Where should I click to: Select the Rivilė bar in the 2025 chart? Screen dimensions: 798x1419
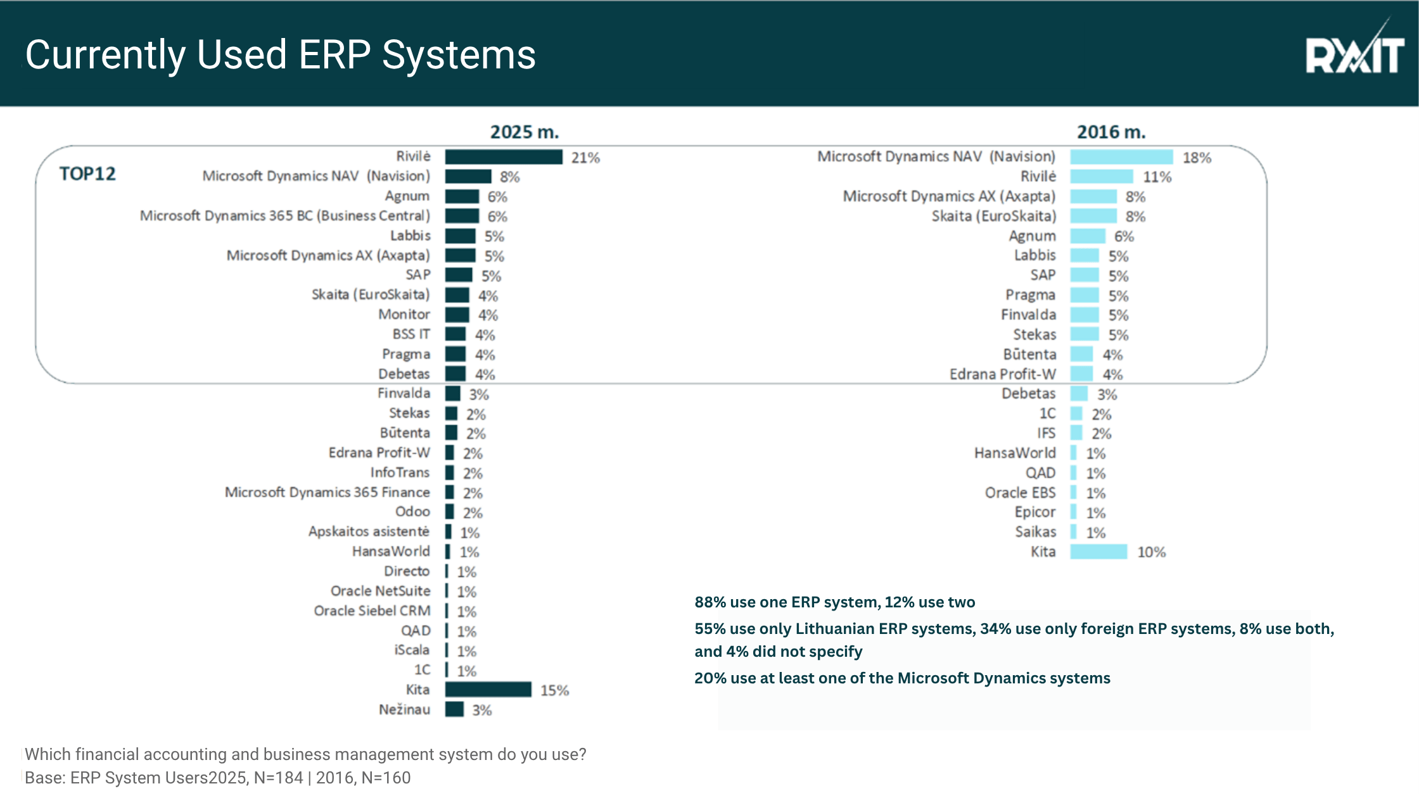point(504,157)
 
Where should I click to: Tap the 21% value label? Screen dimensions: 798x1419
point(585,158)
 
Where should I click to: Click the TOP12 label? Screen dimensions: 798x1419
point(87,174)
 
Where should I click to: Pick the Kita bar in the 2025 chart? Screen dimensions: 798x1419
point(488,690)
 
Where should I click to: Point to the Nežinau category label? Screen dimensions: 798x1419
point(404,710)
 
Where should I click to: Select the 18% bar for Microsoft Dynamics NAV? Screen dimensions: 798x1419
point(1121,157)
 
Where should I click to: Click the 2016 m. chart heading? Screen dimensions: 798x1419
point(1111,132)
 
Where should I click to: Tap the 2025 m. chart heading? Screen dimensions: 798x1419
point(525,132)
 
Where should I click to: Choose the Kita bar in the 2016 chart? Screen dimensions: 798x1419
point(1098,552)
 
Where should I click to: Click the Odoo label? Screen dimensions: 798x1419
point(412,512)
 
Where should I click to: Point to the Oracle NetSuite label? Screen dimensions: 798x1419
point(380,591)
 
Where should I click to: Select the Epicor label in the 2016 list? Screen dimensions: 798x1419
point(1035,512)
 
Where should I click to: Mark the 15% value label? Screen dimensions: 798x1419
point(554,690)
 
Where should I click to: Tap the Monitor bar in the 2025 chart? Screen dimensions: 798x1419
point(457,315)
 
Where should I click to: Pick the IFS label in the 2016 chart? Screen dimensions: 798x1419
point(1046,433)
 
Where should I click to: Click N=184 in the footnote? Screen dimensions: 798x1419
point(278,778)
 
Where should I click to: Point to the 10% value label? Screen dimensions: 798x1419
point(1151,552)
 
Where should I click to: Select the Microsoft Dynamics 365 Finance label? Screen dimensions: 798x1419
point(327,492)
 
